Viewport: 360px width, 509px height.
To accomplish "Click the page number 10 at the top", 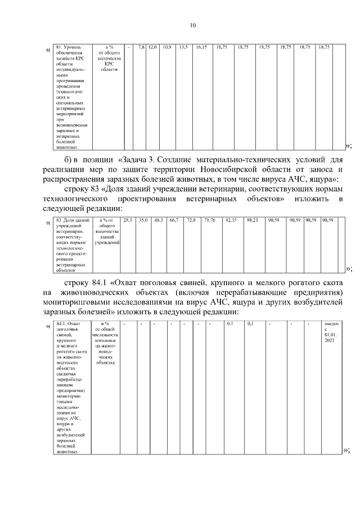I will pos(192,25).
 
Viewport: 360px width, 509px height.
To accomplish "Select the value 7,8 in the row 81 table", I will pos(142,47).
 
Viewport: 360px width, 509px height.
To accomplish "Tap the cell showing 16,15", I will pos(201,47).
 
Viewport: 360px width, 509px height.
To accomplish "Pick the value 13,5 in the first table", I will pos(183,47).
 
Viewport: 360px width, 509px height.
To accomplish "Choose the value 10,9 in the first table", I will pos(166,47).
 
